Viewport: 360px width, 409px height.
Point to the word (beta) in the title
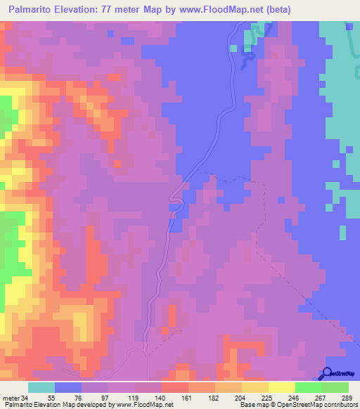(277, 10)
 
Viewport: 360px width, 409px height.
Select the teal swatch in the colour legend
(41, 388)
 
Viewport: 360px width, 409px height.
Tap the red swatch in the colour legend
(175, 388)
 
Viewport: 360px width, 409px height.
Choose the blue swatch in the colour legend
(68, 388)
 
